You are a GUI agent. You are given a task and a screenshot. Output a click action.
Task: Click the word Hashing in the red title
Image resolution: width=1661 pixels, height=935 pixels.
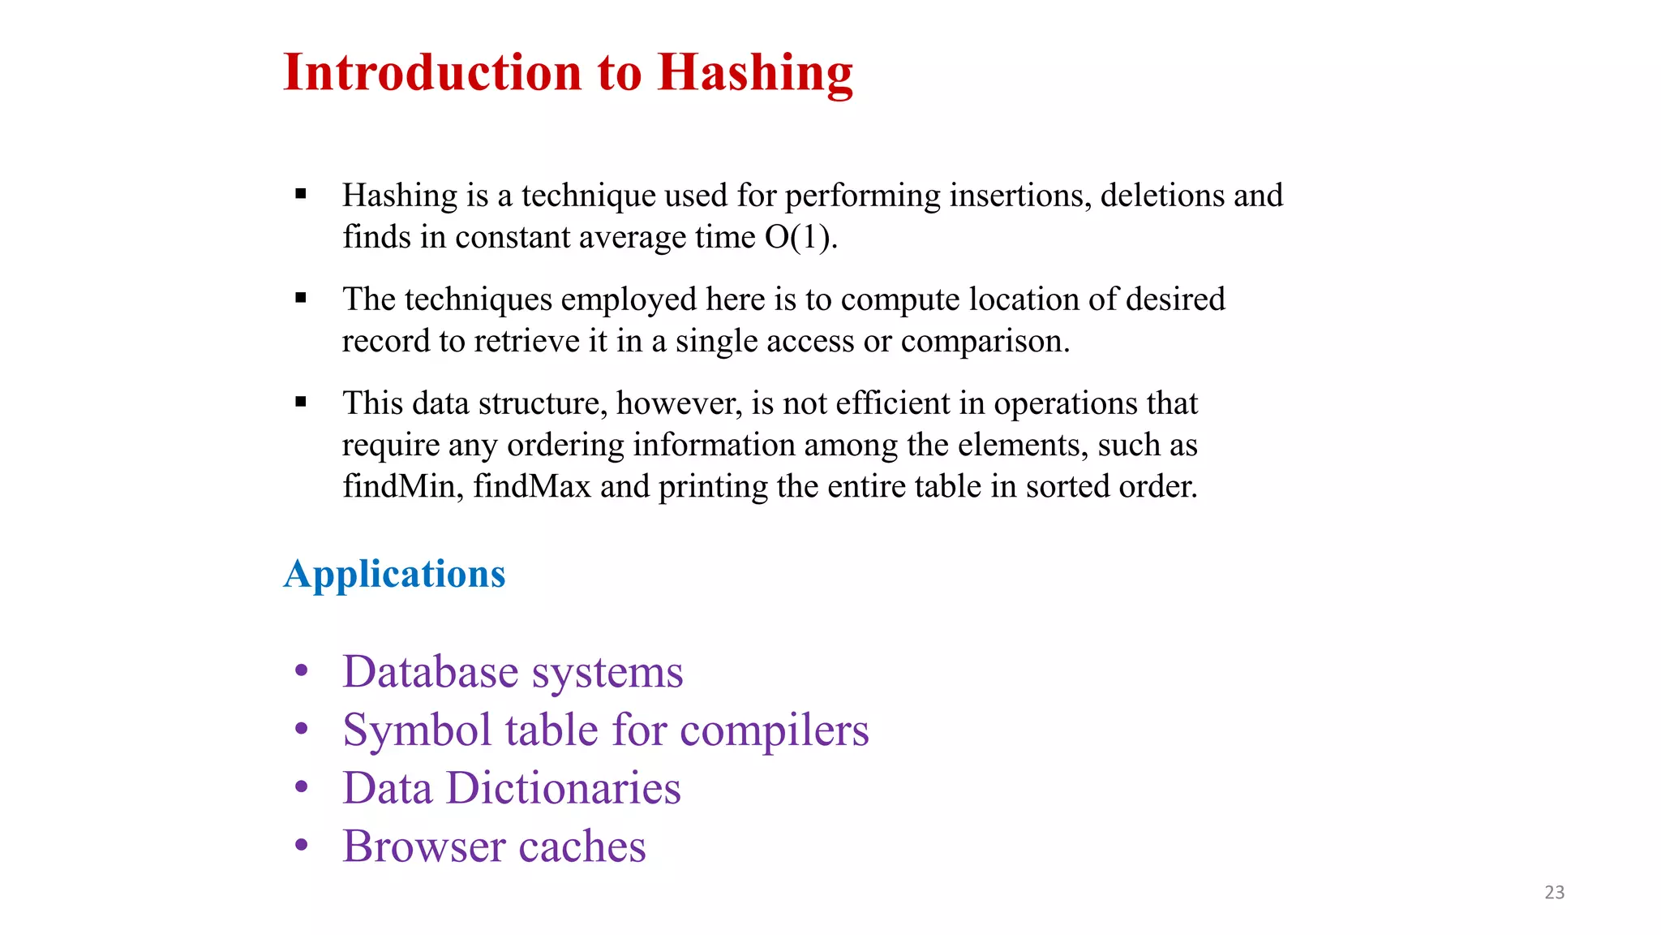click(x=755, y=73)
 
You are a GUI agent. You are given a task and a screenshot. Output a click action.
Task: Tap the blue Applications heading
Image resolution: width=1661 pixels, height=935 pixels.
click(x=394, y=574)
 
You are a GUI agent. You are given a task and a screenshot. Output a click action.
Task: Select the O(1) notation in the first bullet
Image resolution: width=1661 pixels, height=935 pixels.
click(x=800, y=237)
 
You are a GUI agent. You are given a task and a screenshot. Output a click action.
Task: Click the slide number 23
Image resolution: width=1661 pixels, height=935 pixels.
click(x=1554, y=892)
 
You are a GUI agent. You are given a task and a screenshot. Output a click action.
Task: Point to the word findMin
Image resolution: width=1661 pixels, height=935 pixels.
click(x=401, y=486)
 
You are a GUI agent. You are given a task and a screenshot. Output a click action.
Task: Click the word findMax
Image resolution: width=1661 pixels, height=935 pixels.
click(x=532, y=486)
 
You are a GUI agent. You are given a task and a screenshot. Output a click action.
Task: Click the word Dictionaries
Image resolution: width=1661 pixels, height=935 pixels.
click(x=564, y=788)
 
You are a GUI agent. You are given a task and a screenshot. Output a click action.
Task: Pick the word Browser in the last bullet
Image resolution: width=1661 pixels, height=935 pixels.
click(x=423, y=847)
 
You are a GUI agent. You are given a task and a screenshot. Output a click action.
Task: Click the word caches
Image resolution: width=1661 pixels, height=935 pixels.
click(x=582, y=847)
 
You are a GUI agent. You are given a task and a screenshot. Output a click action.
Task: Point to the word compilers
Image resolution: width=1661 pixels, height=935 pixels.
click(x=774, y=730)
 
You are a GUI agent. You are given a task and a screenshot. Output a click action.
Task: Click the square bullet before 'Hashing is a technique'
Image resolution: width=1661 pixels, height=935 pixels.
click(x=301, y=194)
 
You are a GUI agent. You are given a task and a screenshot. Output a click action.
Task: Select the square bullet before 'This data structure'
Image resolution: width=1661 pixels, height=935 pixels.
click(x=301, y=402)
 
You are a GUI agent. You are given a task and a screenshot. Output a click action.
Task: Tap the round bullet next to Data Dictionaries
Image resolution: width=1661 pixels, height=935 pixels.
click(x=302, y=786)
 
